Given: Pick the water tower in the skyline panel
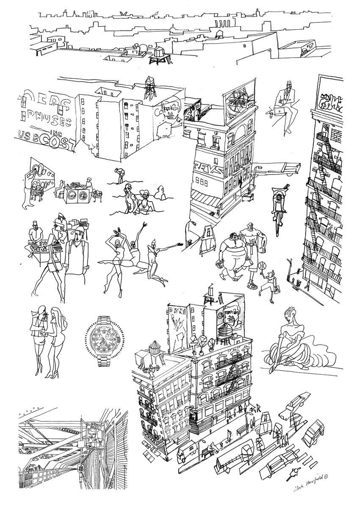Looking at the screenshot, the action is point(160,55).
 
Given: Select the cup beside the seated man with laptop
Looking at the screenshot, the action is point(269,113).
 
